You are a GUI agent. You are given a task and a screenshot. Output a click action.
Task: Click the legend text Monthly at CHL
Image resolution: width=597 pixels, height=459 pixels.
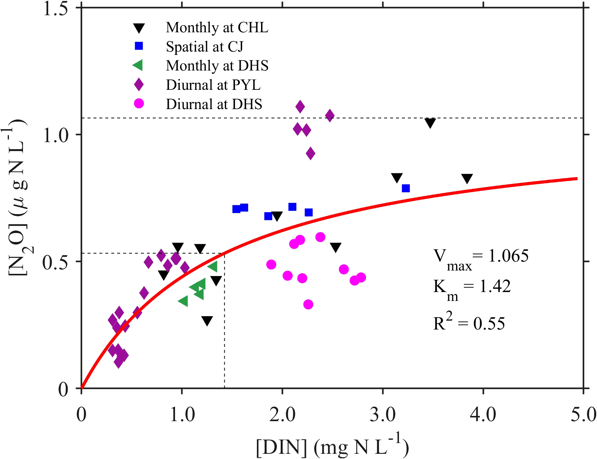(x=217, y=27)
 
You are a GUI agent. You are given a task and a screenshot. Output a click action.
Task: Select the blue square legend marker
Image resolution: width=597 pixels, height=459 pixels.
(x=139, y=46)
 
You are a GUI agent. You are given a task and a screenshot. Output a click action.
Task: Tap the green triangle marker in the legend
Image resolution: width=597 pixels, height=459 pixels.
(x=138, y=66)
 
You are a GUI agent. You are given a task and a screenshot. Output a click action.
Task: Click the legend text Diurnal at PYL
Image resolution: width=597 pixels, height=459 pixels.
(x=213, y=85)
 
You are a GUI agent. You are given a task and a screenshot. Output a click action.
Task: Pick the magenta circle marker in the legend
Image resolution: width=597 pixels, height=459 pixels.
(x=139, y=104)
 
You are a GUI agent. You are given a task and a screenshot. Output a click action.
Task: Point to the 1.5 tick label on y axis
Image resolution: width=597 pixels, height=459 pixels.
(x=56, y=8)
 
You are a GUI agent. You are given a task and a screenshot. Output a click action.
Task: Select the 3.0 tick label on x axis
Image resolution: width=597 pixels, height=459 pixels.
(x=382, y=415)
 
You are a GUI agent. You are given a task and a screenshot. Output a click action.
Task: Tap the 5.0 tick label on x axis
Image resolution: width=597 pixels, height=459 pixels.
(x=583, y=415)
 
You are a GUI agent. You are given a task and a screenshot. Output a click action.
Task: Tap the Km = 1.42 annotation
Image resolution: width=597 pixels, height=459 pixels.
(x=472, y=288)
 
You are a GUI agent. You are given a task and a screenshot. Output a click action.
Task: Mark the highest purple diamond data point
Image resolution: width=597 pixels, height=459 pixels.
(x=300, y=107)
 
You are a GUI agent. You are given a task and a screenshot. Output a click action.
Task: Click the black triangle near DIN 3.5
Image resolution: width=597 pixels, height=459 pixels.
(x=430, y=123)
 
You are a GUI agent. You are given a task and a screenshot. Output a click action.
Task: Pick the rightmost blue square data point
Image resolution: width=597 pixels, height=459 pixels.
(x=406, y=188)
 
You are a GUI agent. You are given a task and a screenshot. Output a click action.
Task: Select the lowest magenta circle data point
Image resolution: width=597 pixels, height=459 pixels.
(x=308, y=304)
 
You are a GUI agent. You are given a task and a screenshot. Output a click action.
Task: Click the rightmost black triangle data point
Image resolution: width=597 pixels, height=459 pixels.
(x=467, y=178)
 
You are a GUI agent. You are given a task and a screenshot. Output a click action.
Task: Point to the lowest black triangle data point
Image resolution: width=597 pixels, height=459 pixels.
(x=207, y=321)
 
